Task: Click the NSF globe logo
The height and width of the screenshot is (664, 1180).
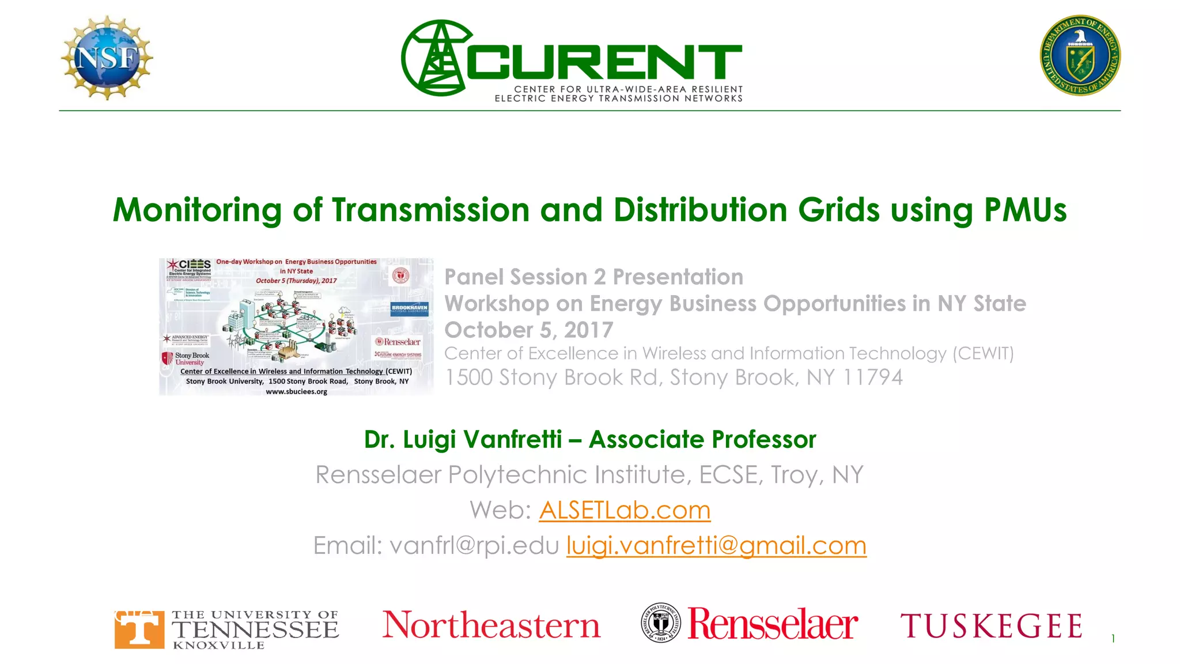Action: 107,58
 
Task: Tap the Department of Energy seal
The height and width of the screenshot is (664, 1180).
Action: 1080,55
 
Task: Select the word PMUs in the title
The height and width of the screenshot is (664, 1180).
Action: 1025,210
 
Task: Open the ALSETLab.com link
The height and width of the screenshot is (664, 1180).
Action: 625,510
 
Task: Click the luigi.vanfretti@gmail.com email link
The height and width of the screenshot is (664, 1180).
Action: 716,545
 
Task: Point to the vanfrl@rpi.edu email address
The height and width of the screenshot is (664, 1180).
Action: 474,545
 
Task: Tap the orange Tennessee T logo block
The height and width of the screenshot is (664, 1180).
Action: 138,629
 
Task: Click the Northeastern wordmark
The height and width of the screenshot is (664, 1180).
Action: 491,625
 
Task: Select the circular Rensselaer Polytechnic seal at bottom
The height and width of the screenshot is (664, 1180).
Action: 660,623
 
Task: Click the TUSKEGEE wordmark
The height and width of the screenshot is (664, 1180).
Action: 991,626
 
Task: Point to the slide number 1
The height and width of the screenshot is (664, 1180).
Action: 1113,639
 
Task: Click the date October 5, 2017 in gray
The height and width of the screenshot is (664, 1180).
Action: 528,330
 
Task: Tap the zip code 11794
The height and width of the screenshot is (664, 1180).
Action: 872,378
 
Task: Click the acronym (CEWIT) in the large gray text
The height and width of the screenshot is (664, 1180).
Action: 983,353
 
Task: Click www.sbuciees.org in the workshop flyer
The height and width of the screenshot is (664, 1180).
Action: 296,392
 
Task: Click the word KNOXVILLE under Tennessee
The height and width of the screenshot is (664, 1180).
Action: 218,646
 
